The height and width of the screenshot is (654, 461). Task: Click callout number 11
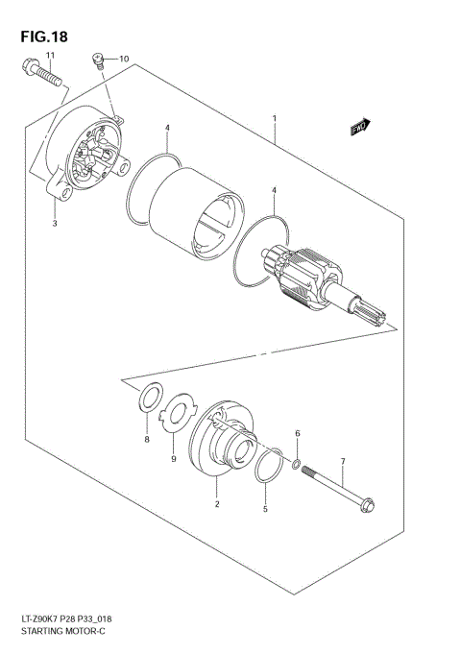51,59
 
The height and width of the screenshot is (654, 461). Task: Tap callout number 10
123,60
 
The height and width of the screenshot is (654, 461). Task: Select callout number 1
275,119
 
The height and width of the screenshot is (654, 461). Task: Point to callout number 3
55,224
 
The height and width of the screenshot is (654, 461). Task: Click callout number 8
147,440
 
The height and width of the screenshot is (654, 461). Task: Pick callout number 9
174,460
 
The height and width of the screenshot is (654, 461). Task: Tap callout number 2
217,504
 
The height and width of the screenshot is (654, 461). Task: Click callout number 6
297,434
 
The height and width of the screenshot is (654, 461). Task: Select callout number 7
342,462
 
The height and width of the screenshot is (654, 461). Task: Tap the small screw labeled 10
98,61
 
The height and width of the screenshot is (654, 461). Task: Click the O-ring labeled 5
269,464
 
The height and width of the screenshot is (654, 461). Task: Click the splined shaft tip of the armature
376,312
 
